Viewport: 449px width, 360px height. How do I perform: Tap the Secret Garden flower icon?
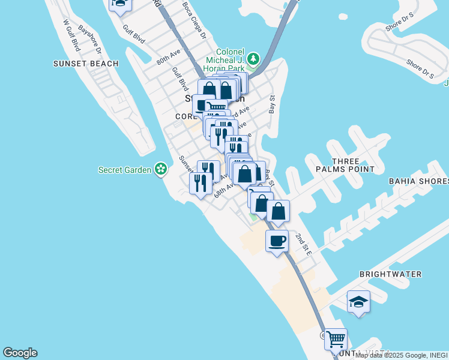click(x=161, y=170)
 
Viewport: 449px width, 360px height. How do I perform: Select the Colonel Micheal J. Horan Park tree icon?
click(x=254, y=58)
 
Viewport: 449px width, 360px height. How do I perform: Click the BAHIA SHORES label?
click(x=418, y=181)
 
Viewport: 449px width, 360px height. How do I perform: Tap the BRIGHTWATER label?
click(x=390, y=274)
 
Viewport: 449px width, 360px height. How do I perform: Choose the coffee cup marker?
click(x=277, y=242)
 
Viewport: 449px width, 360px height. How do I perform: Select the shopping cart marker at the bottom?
click(x=336, y=339)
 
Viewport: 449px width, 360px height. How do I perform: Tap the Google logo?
click(x=20, y=353)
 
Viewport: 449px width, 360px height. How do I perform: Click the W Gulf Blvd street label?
click(x=71, y=36)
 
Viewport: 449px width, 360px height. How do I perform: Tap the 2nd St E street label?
click(x=303, y=245)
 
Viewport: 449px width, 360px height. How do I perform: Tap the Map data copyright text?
click(x=402, y=355)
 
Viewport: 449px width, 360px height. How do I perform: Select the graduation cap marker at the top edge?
click(x=119, y=4)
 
